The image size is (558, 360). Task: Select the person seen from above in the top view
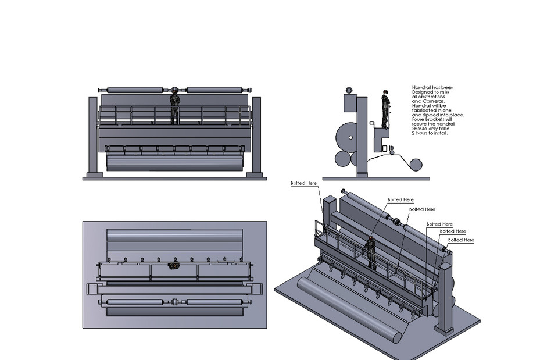173,266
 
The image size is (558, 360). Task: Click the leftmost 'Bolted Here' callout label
304,183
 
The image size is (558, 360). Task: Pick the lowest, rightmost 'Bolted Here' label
461,240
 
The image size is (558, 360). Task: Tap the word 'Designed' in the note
423,92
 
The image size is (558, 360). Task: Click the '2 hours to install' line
430,134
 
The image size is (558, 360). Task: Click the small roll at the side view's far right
416,165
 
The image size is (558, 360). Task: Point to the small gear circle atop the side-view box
349,90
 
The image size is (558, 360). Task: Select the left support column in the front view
92,137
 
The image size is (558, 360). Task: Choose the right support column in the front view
256,137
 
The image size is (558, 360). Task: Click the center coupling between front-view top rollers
174,90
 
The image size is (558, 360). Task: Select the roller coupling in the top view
174,302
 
